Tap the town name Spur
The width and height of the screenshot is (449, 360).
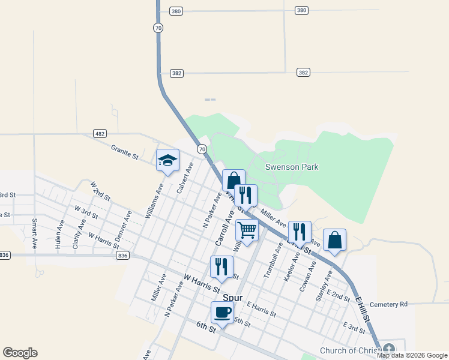[x=232, y=297]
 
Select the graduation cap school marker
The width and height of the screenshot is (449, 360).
[x=167, y=160]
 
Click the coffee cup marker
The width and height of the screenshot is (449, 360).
[x=222, y=313]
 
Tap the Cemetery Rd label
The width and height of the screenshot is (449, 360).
[x=388, y=304]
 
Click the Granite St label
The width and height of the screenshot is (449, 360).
[x=125, y=151]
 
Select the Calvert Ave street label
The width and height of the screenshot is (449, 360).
[x=185, y=178]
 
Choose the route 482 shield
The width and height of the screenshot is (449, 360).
[x=100, y=133]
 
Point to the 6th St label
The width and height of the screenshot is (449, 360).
[x=205, y=326]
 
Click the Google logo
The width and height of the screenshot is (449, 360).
[x=20, y=353]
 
